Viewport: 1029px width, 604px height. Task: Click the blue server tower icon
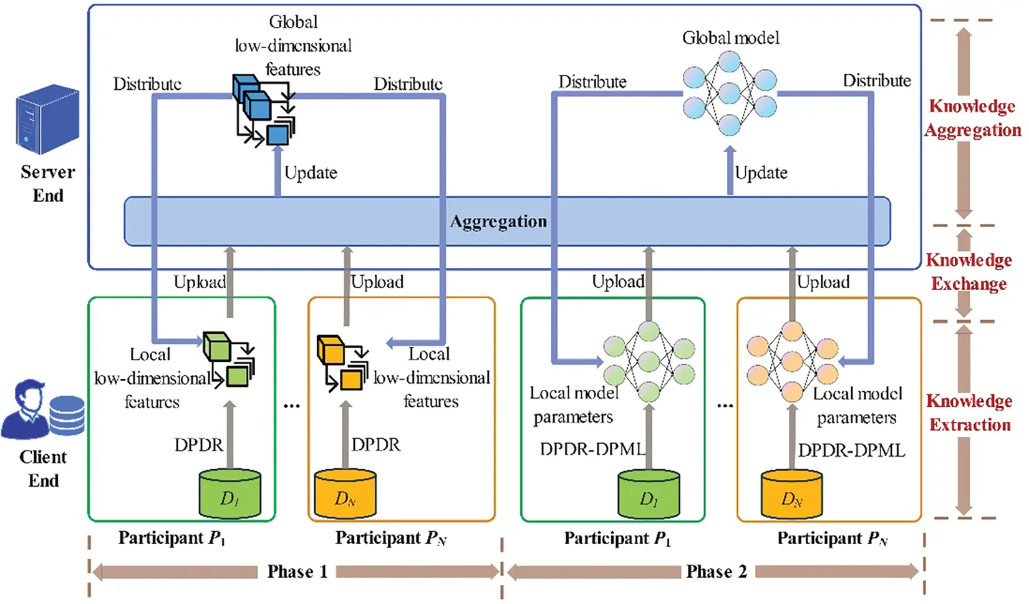click(48, 119)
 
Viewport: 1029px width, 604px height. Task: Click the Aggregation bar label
click(498, 222)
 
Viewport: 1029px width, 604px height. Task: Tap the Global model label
click(731, 37)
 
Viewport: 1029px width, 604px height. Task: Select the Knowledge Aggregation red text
click(973, 118)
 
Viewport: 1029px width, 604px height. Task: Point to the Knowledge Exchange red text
click(969, 271)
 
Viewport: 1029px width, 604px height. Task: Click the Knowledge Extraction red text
click(969, 413)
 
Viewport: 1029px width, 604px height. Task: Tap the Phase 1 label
click(297, 572)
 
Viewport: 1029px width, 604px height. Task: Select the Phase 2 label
click(717, 572)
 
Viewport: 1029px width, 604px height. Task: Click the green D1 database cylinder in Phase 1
click(229, 494)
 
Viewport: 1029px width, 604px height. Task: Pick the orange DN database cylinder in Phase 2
click(792, 494)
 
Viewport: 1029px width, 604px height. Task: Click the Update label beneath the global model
click(761, 173)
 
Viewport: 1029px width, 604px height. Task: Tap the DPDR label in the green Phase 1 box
click(198, 444)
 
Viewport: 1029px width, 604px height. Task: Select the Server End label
click(48, 183)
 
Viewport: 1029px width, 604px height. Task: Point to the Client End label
click(43, 469)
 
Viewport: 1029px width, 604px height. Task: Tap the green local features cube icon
click(229, 359)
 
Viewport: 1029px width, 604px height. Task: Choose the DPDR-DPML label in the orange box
click(851, 451)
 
